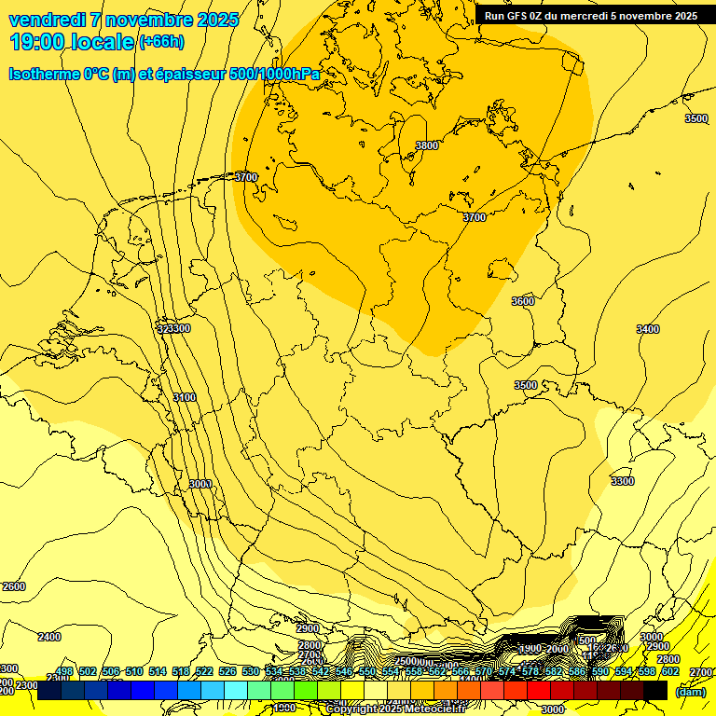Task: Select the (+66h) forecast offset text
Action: click(161, 42)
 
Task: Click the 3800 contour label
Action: click(427, 145)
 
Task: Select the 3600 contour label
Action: click(523, 301)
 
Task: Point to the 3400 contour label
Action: click(648, 329)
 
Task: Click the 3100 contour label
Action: click(185, 397)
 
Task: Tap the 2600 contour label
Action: click(14, 586)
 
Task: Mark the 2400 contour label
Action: click(48, 637)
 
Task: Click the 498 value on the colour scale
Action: click(64, 671)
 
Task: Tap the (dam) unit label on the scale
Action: click(690, 691)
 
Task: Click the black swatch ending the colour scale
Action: click(655, 691)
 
